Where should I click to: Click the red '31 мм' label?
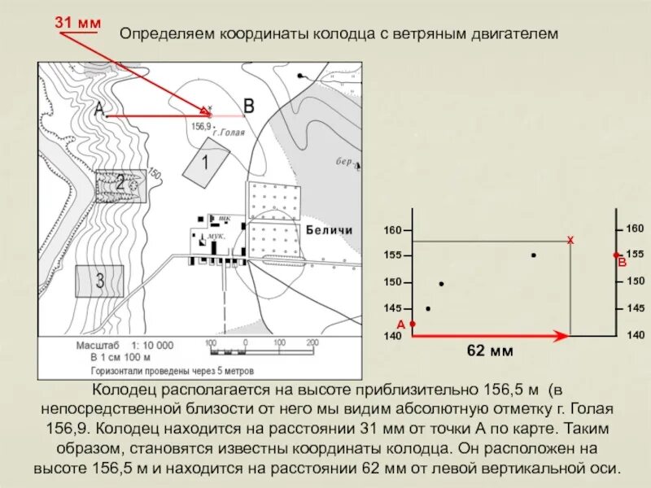(x=77, y=22)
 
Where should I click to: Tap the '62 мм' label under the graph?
(x=490, y=351)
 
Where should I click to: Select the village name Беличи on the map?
(x=330, y=230)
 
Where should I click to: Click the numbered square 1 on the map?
(x=203, y=163)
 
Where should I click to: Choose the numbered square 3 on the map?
(x=99, y=281)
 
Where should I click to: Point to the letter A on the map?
(x=98, y=108)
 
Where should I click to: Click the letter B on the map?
(x=249, y=106)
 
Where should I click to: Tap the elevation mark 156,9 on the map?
(x=201, y=127)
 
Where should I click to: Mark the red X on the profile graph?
(x=570, y=241)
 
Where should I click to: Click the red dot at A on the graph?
(x=413, y=324)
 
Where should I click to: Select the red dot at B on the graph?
(x=616, y=255)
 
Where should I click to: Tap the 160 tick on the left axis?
(x=393, y=231)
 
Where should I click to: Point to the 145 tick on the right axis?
(x=636, y=308)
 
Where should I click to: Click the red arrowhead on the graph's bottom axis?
(x=561, y=335)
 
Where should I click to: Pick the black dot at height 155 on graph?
(x=533, y=255)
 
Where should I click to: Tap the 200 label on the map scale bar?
(x=310, y=342)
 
